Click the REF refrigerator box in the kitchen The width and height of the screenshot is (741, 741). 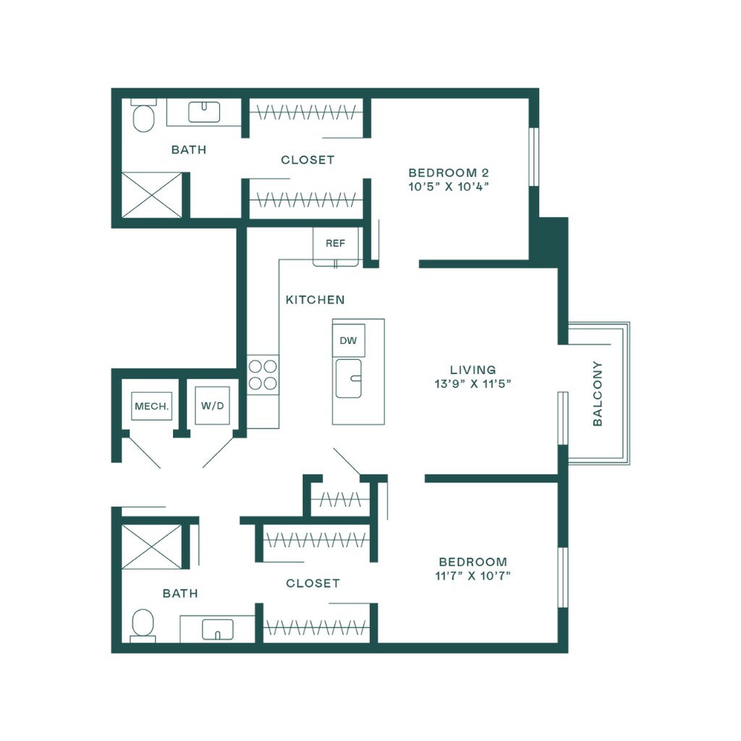(x=335, y=244)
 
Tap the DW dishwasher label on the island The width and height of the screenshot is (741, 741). (x=348, y=340)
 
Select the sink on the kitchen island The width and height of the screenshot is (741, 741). (x=350, y=378)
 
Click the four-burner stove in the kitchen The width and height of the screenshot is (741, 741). (x=263, y=375)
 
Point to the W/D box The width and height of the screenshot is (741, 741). (x=213, y=406)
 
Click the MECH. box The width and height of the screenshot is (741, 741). (x=152, y=406)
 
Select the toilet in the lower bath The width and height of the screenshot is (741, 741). (x=143, y=624)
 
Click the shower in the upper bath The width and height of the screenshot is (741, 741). (x=151, y=194)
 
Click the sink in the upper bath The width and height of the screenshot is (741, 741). (x=204, y=111)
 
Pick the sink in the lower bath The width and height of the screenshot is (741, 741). (x=217, y=629)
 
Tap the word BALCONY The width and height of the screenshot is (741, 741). (x=598, y=393)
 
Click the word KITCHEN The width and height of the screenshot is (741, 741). (x=315, y=300)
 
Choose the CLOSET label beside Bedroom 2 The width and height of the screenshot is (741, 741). (x=308, y=160)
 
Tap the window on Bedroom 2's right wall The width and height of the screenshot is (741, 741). (x=534, y=157)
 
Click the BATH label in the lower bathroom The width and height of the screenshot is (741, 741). (x=180, y=593)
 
